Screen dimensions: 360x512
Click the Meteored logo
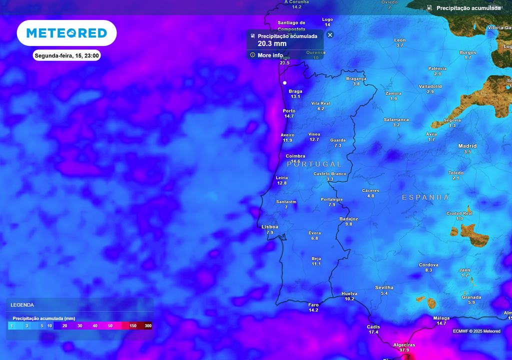coord(66,33)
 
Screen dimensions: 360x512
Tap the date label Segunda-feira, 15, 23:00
coord(66,55)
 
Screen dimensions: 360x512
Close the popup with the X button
coord(330,34)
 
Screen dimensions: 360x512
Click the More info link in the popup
coord(270,55)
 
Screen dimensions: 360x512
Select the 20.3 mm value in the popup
coord(272,44)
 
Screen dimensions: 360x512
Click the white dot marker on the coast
coord(284,82)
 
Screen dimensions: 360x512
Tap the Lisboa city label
coord(269,227)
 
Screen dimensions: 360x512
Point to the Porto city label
coord(289,111)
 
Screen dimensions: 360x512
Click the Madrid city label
coord(467,146)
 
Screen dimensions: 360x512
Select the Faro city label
coord(313,304)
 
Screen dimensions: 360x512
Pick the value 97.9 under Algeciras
coord(404,350)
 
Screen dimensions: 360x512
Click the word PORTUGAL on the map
coord(314,164)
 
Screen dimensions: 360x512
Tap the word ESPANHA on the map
coord(425,197)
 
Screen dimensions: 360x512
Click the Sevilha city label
coord(384,287)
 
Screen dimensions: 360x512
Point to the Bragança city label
coord(356,78)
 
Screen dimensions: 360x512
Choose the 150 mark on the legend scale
coord(133,326)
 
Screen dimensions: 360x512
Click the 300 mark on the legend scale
coord(148,326)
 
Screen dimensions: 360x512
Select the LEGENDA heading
coord(22,304)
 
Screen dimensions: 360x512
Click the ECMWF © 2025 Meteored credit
coord(476,331)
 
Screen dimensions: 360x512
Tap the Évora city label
coord(314,233)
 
